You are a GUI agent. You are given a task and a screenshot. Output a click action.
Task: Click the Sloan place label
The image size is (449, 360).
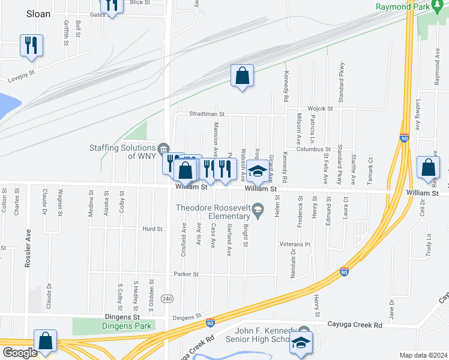tap(38, 13)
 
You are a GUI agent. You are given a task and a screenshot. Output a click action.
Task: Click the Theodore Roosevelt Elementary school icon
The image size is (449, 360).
tap(258, 208)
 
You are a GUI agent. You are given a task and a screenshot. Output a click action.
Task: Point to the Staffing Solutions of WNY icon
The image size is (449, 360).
tap(163, 148)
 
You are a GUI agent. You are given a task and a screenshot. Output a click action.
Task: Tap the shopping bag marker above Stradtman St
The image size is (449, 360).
tap(242, 76)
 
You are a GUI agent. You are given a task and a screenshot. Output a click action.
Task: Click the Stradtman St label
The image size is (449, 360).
tap(206, 113)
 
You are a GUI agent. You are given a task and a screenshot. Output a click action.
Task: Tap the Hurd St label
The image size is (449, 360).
tap(152, 229)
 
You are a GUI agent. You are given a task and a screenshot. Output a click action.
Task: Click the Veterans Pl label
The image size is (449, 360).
tap(294, 245)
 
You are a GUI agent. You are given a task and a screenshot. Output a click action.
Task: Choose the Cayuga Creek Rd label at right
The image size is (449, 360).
tap(354, 325)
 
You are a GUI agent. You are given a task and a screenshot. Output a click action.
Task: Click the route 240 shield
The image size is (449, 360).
tap(167, 299)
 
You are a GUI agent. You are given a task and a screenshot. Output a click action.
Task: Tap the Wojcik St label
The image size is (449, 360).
tap(320, 108)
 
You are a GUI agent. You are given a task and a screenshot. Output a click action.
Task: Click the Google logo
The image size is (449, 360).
tap(19, 353)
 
